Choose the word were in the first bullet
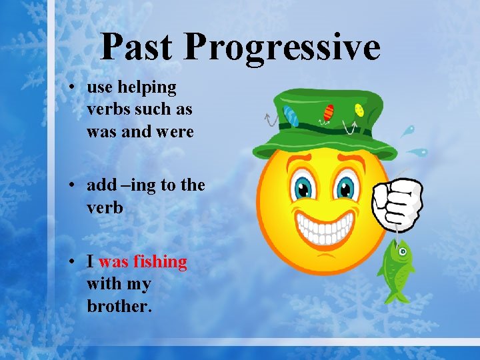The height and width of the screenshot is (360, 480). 175,132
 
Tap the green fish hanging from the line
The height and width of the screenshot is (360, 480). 397,266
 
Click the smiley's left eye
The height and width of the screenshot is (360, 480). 303,187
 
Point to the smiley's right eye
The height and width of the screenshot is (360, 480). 347,187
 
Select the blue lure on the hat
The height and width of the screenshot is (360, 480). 291,115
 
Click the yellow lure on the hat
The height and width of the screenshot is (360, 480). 359,109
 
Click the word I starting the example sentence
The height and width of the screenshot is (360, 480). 90,262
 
